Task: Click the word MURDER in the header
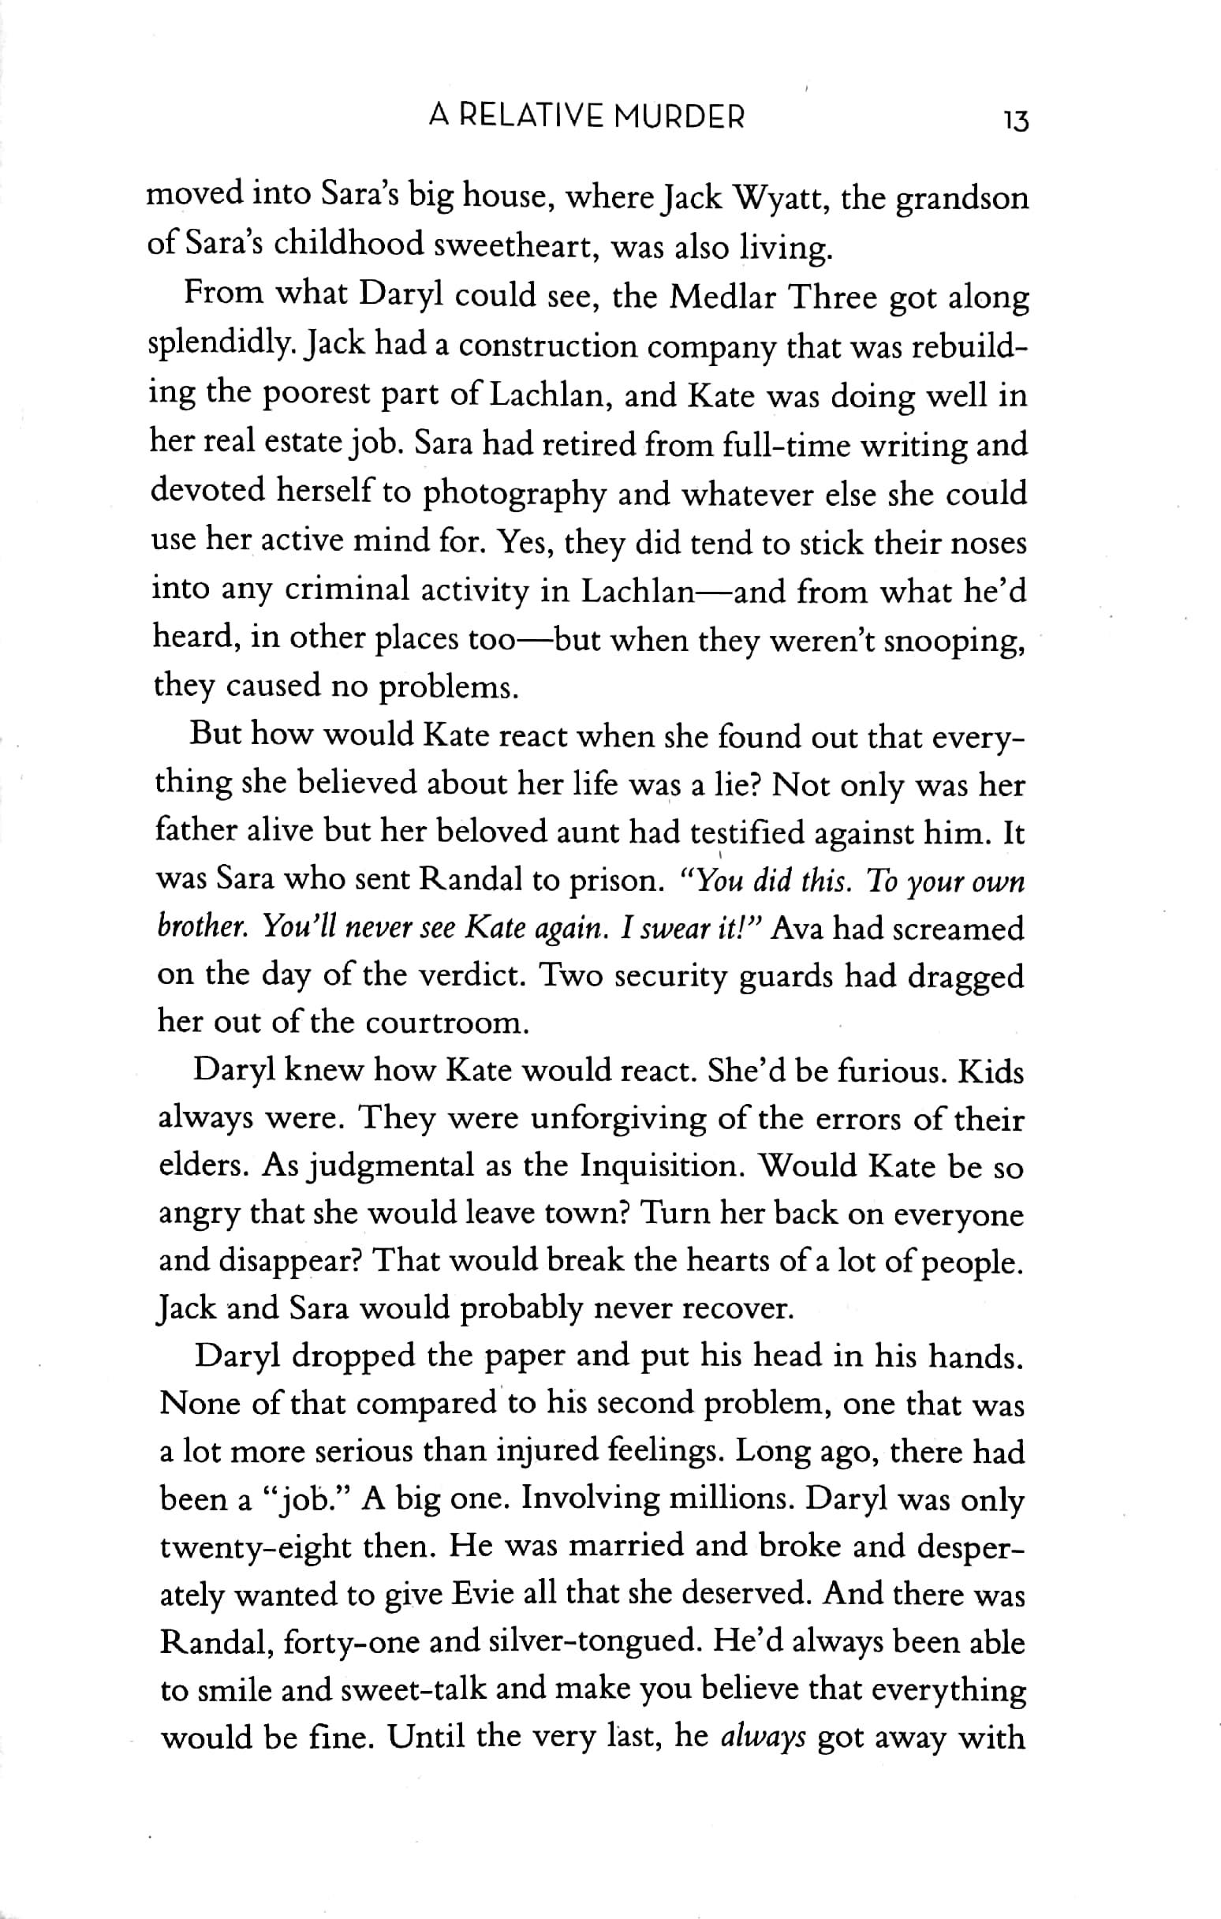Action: [x=680, y=118]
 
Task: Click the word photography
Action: [x=513, y=495]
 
